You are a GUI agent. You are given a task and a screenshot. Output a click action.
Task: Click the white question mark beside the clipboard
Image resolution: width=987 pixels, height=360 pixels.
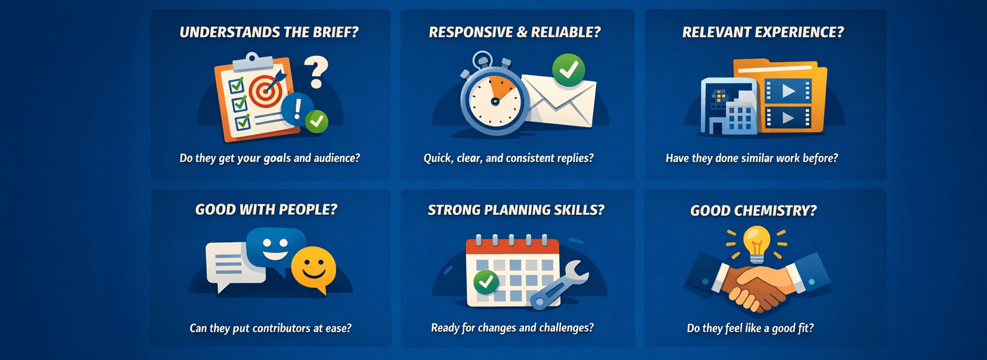click(x=316, y=73)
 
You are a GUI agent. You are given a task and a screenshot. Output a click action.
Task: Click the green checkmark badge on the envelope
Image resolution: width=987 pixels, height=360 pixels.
click(x=568, y=70)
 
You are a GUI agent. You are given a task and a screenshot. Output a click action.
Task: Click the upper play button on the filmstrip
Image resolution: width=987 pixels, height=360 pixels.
click(x=788, y=91)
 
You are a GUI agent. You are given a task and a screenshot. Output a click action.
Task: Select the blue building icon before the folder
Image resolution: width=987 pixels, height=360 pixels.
click(x=729, y=108)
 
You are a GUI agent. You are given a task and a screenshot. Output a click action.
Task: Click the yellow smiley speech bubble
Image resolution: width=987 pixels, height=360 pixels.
click(x=313, y=268)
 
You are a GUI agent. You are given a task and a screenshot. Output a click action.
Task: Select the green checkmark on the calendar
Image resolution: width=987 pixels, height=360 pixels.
click(x=485, y=281)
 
